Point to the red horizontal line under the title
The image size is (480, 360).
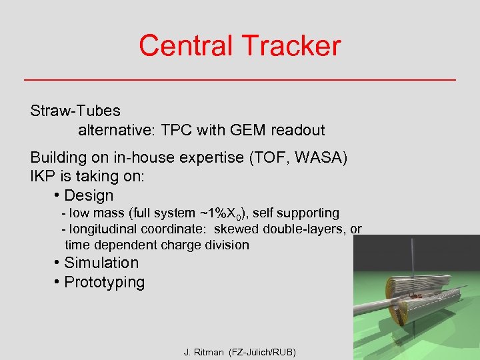click(x=240, y=80)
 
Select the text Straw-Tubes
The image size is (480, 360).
click(x=75, y=110)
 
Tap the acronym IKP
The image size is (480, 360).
click(x=43, y=177)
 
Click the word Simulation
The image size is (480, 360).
click(x=101, y=263)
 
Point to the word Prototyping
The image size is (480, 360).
click(x=104, y=282)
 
